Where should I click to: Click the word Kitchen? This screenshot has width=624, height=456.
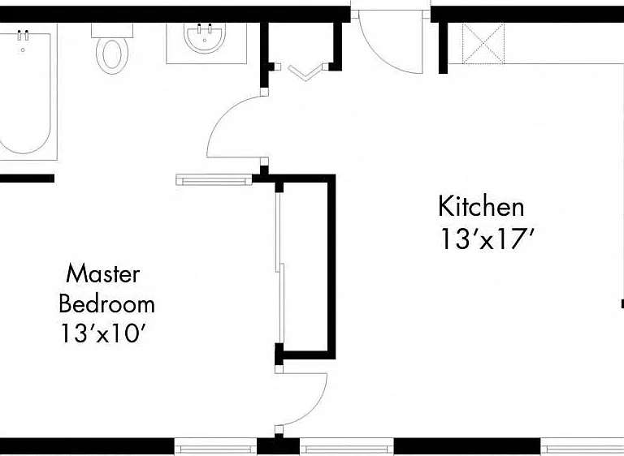pyautogui.click(x=481, y=206)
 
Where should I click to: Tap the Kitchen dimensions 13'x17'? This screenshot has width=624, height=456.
pyautogui.click(x=487, y=239)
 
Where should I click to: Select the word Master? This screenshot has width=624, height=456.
pyautogui.click(x=103, y=273)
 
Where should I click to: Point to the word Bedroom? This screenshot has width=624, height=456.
pyautogui.click(x=106, y=303)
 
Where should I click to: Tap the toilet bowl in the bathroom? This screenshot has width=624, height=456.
pyautogui.click(x=112, y=55)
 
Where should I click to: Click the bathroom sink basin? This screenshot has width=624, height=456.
pyautogui.click(x=205, y=38)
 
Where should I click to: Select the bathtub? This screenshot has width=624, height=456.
pyautogui.click(x=25, y=92)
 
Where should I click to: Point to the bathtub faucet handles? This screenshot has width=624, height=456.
pyautogui.click(x=23, y=35)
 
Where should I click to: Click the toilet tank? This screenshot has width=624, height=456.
pyautogui.click(x=112, y=30)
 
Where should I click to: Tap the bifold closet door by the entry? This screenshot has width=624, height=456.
pyautogui.click(x=305, y=71)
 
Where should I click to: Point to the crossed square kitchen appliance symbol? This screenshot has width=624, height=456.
pyautogui.click(x=483, y=43)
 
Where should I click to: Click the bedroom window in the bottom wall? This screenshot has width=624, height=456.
pyautogui.click(x=215, y=447)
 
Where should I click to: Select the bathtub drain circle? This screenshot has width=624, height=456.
pyautogui.click(x=23, y=49)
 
